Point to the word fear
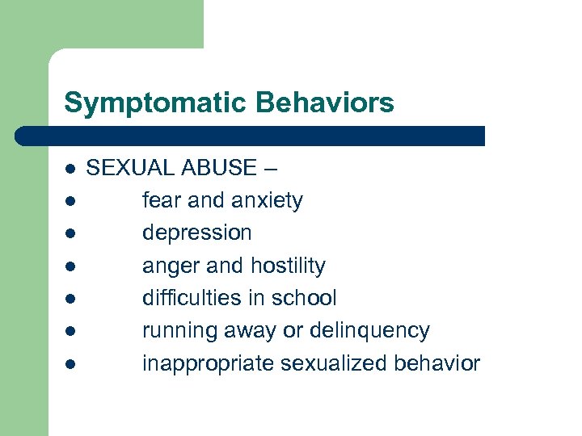point(160,200)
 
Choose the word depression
point(196,233)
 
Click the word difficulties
point(190,298)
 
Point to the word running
point(177,331)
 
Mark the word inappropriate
point(208,364)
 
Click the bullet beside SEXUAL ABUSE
point(71,170)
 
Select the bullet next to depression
point(71,234)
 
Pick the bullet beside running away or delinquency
point(71,332)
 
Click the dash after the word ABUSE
point(269,169)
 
